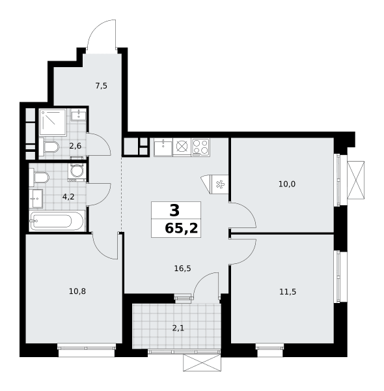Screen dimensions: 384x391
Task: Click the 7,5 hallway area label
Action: [x=102, y=86]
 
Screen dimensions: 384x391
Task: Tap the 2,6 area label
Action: [x=75, y=146]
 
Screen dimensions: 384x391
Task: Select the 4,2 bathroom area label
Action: [x=68, y=197]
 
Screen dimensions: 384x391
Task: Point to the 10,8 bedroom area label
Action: [x=77, y=291]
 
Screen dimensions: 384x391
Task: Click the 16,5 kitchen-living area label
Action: [x=182, y=268]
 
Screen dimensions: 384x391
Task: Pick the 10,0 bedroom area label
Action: [x=287, y=184]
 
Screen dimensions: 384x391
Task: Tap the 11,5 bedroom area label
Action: [x=288, y=291]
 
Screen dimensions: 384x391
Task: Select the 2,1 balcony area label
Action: [x=178, y=328]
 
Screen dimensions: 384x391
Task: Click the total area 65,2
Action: [x=182, y=228]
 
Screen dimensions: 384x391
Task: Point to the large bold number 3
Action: [x=174, y=210]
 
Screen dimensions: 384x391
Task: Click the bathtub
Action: [x=57, y=221]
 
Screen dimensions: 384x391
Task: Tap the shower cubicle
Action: [x=53, y=123]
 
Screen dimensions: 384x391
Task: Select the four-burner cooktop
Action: [x=200, y=147]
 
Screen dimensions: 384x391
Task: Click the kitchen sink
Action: [x=163, y=148]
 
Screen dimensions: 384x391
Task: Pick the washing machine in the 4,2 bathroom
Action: [x=77, y=172]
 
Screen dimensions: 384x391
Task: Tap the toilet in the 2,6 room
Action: [x=49, y=147]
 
